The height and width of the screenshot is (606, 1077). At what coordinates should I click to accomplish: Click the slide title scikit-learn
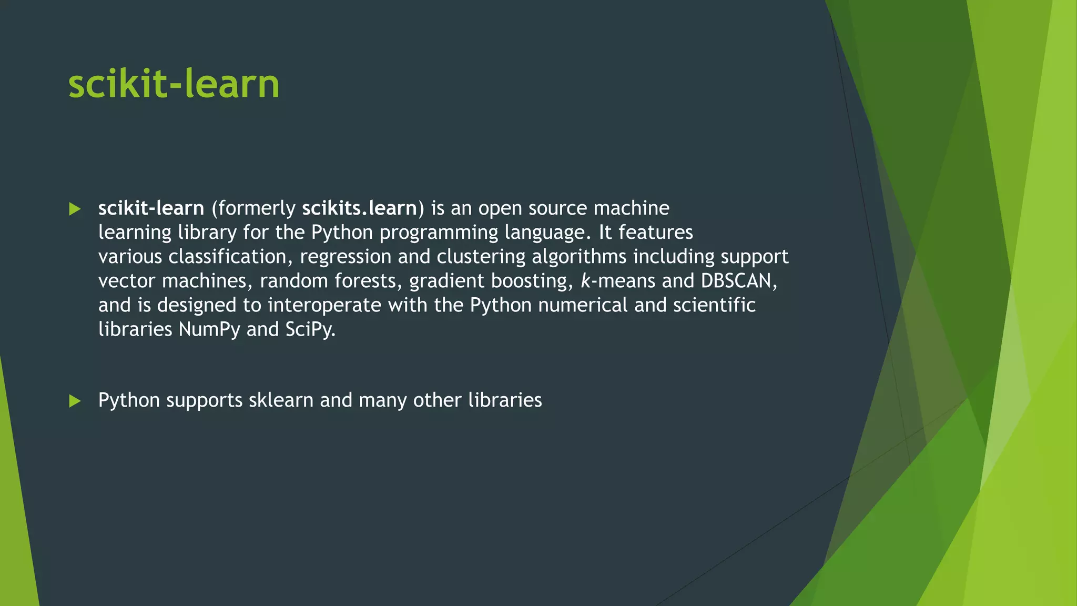[174, 84]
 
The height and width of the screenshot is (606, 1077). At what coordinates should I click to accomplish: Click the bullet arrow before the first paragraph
[75, 209]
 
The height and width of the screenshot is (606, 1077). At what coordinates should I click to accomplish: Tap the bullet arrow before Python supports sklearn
[75, 401]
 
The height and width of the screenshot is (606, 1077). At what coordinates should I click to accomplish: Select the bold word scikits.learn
[360, 208]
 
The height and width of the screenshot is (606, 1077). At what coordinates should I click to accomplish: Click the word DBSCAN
[736, 281]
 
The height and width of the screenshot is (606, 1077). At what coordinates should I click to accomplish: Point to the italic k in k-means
[585, 281]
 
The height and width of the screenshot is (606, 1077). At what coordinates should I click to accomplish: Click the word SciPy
[309, 330]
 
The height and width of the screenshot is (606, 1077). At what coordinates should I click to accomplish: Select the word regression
[346, 257]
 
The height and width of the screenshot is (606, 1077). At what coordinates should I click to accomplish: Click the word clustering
[481, 257]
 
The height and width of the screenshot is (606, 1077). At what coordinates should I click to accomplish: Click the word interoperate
[324, 305]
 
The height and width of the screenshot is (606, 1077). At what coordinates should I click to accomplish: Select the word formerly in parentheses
[256, 209]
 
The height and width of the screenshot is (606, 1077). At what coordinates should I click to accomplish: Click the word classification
[227, 257]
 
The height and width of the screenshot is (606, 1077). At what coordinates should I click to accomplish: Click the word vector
[127, 281]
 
